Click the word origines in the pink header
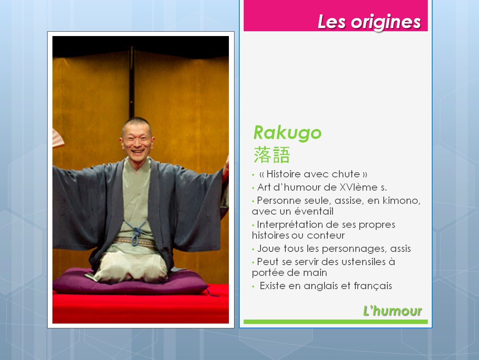[x=386, y=22]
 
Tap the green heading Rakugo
[x=287, y=133]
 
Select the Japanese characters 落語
[x=272, y=155]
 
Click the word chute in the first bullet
[x=346, y=174]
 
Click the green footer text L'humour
[x=392, y=311]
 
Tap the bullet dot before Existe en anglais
[x=253, y=287]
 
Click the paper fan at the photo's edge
[x=58, y=139]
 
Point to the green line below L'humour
[x=335, y=322]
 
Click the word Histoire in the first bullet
[x=283, y=174]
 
